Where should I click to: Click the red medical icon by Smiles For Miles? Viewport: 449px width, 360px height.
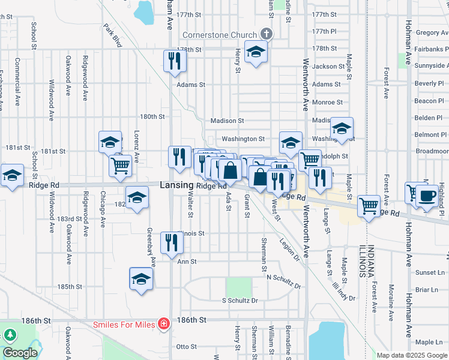[163, 325]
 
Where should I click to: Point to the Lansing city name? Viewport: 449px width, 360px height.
[176, 186]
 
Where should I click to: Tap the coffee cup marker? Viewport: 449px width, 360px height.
[428, 196]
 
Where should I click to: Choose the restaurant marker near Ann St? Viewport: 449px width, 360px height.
[172, 243]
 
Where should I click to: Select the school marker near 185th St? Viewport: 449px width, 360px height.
[141, 278]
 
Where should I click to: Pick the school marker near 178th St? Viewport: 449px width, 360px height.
[256, 53]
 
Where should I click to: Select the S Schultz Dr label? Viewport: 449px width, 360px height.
[240, 300]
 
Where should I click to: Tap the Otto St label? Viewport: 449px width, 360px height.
[186, 346]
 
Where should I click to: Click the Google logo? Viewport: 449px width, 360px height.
[20, 353]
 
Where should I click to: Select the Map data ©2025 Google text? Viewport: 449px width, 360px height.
[412, 355]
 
